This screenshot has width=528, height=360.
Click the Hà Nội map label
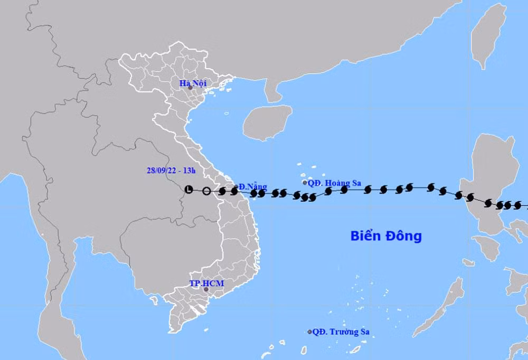(192, 83)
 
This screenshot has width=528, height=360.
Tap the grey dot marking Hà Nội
(190, 88)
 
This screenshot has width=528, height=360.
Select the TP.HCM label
(206, 283)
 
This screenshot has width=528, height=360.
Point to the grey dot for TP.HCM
(206, 290)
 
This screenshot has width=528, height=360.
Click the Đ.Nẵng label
(252, 186)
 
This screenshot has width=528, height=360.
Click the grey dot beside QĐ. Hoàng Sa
(305, 183)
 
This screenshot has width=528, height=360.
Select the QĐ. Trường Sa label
(341, 331)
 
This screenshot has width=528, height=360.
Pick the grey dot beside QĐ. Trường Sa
(310, 331)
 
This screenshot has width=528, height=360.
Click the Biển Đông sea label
(386, 236)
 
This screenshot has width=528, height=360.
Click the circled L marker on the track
(189, 190)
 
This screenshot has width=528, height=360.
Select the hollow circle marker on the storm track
(206, 191)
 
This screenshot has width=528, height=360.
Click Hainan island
(267, 121)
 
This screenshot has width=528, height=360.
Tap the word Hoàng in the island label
(337, 183)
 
